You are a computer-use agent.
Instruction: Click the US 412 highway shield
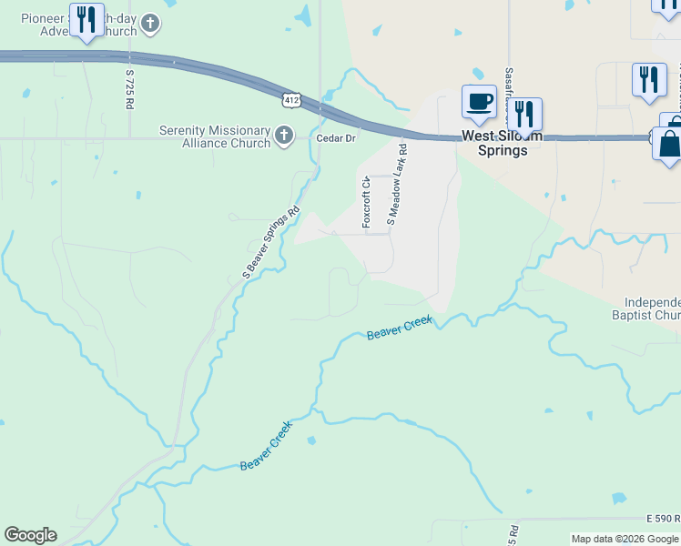point(290,98)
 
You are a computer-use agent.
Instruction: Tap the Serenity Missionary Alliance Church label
point(215,136)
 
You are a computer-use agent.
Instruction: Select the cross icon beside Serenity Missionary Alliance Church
point(285,136)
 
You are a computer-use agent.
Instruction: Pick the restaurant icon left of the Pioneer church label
point(86,20)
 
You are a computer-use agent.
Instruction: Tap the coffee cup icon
point(478,102)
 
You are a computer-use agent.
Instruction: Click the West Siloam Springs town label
point(502,144)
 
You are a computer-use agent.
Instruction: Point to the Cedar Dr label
point(335,137)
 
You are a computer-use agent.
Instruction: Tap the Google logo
point(30,535)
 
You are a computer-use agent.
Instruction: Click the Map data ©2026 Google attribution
point(625,539)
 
